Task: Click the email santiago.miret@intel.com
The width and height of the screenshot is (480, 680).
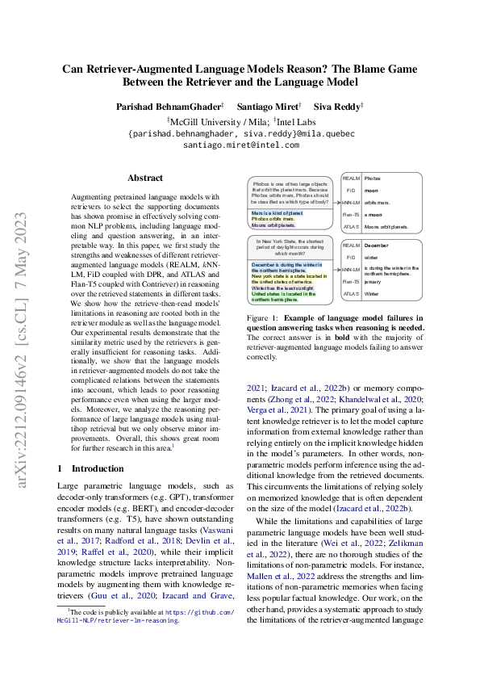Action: click(241, 145)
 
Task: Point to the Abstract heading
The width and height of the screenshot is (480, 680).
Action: click(145, 178)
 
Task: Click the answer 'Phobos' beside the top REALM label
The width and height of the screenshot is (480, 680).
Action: click(372, 178)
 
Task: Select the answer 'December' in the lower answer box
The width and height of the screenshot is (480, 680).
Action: click(377, 243)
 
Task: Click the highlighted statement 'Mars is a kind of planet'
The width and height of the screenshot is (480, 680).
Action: click(273, 212)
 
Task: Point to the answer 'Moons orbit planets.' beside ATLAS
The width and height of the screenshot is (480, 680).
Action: click(384, 227)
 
